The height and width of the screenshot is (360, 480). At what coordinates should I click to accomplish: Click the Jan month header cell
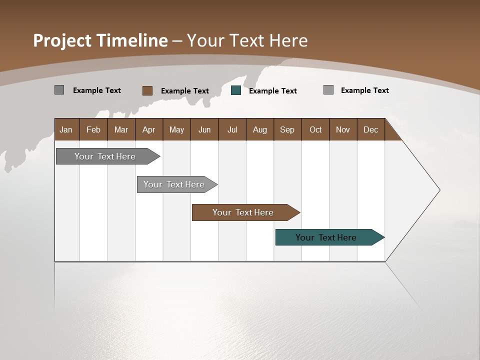coord(66,129)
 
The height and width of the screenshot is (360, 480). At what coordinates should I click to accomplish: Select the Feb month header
coord(93,129)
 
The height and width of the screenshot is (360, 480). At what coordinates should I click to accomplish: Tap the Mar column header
coord(121,129)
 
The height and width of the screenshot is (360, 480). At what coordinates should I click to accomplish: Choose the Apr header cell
coord(148,129)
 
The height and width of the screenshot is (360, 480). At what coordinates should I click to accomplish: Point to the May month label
coord(176,129)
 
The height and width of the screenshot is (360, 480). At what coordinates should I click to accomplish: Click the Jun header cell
coord(204,129)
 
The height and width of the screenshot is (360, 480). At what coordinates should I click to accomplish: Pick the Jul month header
coord(232,129)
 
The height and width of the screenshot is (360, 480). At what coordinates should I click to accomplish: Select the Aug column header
coord(259,129)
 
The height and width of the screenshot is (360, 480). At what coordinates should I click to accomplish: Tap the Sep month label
coord(287,129)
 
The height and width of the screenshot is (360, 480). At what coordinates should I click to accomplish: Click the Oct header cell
coord(315,129)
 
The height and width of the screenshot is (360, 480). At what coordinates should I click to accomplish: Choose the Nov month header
coord(343,129)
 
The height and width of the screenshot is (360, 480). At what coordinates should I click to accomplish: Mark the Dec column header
coord(370,129)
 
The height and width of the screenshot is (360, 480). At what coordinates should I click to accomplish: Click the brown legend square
coord(147,90)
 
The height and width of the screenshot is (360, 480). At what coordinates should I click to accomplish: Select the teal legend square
coord(236,90)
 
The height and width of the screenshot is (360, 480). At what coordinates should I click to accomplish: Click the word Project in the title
coord(63,40)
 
